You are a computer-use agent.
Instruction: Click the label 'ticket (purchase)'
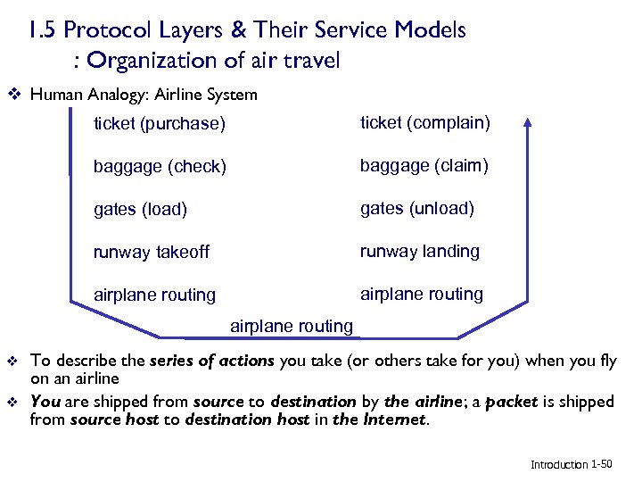pyautogui.click(x=160, y=123)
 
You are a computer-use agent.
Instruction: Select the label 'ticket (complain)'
pyautogui.click(x=424, y=122)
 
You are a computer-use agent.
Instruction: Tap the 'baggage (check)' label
pyautogui.click(x=160, y=166)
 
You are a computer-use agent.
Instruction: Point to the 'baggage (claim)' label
pyautogui.click(x=424, y=165)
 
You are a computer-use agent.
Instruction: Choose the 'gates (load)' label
pyautogui.click(x=140, y=209)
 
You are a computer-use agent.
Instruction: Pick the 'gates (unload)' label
pyautogui.click(x=416, y=208)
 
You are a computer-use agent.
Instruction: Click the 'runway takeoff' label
pyautogui.click(x=152, y=252)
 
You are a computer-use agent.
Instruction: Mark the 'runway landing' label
pyautogui.click(x=419, y=251)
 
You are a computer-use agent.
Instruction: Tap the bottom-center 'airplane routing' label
pyautogui.click(x=292, y=326)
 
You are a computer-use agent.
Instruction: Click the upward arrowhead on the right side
pyautogui.click(x=528, y=123)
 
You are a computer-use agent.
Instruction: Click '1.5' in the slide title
pyautogui.click(x=43, y=30)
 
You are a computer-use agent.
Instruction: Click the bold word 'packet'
pyautogui.click(x=514, y=402)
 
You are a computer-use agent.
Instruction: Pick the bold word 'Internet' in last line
pyautogui.click(x=397, y=419)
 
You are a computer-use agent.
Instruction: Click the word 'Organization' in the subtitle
pyautogui.click(x=147, y=61)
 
